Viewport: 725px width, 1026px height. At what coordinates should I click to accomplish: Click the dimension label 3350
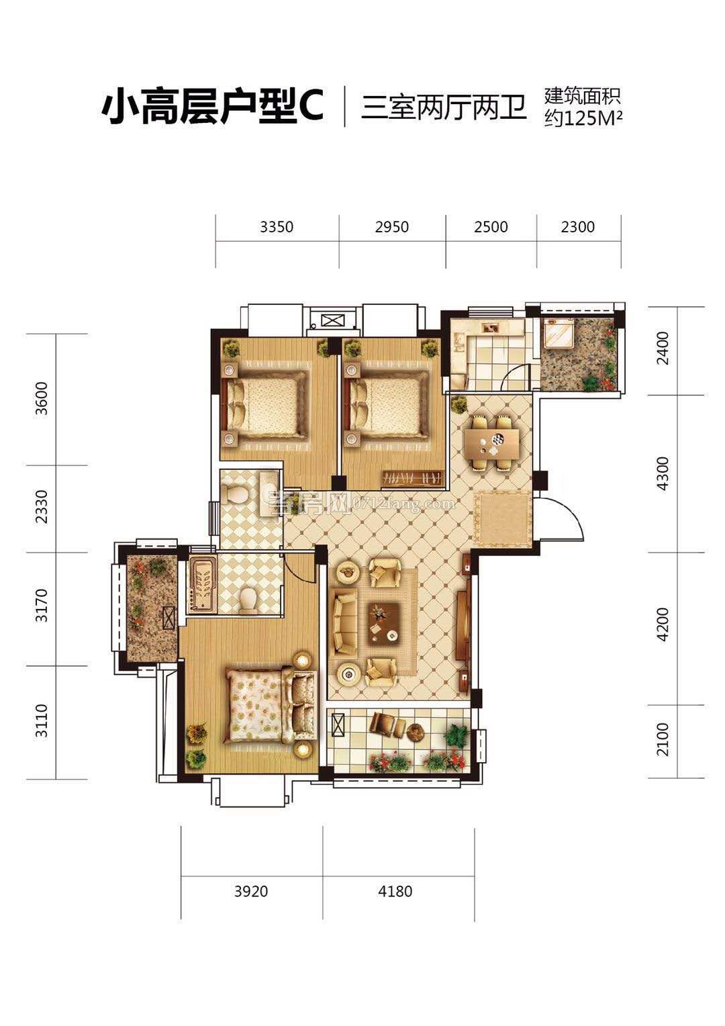277,227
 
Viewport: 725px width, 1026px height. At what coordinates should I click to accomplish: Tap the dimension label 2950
391,227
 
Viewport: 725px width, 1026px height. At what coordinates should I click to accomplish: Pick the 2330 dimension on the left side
41,506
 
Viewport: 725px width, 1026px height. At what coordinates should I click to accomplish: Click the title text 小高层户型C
213,107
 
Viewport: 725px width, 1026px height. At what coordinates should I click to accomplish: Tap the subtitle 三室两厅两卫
444,107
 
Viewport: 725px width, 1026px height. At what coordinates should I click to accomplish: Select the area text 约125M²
583,119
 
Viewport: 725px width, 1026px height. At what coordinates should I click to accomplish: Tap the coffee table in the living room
385,622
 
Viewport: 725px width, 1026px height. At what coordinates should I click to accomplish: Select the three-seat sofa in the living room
344,622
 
